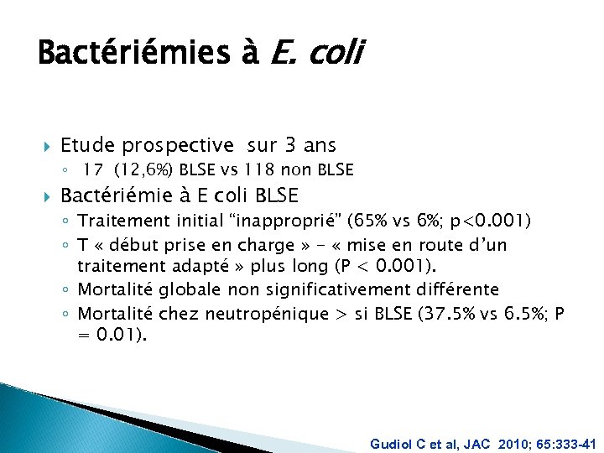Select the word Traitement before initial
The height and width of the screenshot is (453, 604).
click(118, 221)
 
